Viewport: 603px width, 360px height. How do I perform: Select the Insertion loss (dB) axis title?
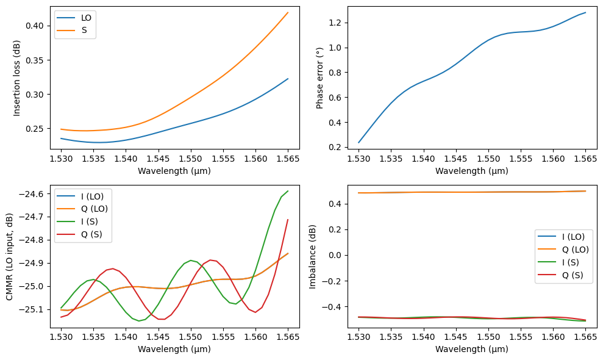(x=17, y=77)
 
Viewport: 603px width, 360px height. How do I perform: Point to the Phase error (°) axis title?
(x=320, y=77)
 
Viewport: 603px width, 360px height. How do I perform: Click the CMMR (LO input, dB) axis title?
(x=10, y=256)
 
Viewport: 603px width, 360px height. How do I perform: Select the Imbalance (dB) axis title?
(x=313, y=256)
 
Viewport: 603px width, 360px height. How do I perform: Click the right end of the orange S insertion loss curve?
(x=288, y=12)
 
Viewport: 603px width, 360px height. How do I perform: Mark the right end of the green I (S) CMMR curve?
(x=288, y=191)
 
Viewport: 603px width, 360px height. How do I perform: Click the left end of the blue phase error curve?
(x=359, y=143)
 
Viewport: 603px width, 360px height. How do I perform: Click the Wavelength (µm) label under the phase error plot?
(x=472, y=171)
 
